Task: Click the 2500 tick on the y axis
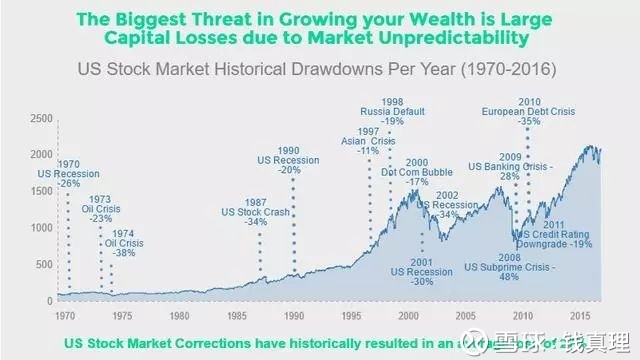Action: pyautogui.click(x=40, y=118)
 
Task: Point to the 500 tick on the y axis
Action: pyautogui.click(x=43, y=264)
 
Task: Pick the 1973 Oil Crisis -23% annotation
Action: pyautogui.click(x=101, y=208)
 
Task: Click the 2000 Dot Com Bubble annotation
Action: pyautogui.click(x=418, y=172)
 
